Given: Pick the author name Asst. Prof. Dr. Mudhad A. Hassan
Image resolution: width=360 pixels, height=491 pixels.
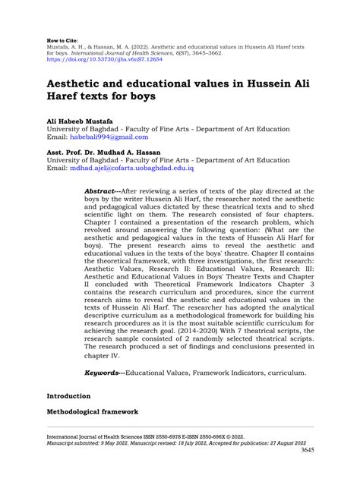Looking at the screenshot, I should (x=103, y=153).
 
